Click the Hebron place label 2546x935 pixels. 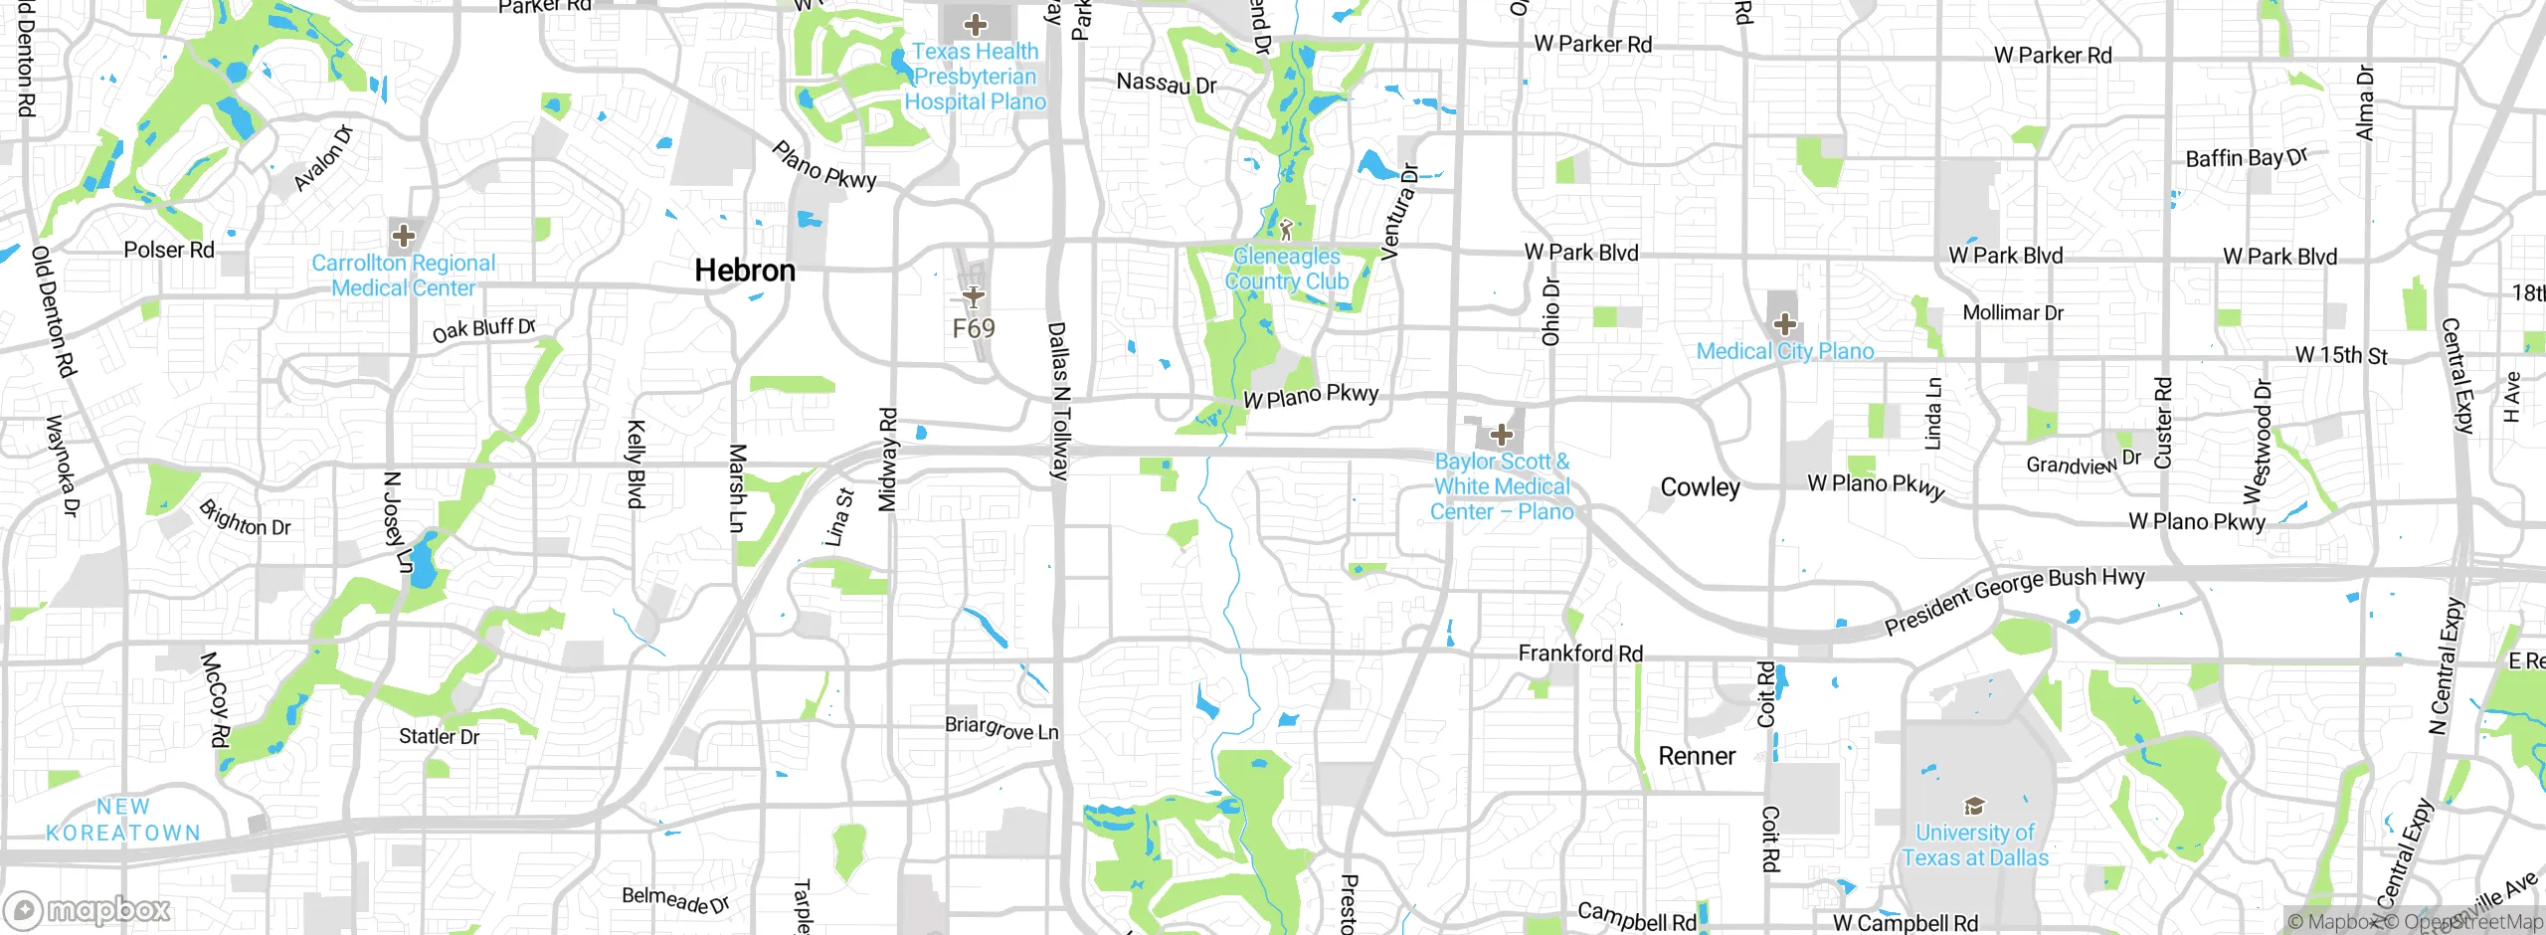coord(744,271)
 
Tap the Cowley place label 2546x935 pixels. coord(1700,487)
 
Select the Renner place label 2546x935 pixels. coord(1696,756)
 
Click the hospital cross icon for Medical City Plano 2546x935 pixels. coord(1784,324)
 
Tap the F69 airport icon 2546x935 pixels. coord(973,296)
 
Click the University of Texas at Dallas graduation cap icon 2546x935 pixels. coord(1973,806)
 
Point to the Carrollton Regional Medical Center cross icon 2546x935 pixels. coord(403,236)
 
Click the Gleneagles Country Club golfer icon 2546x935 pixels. coord(1286,230)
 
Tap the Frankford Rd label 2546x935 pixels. coord(1579,654)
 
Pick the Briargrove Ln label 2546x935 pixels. coord(1000,729)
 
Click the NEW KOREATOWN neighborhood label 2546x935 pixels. coord(123,821)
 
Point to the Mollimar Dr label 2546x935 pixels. coord(2012,313)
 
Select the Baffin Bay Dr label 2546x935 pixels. coord(2246,158)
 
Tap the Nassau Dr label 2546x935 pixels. coord(1166,84)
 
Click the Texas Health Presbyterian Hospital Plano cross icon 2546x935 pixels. coord(975,25)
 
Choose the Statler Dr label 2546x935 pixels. coord(439,737)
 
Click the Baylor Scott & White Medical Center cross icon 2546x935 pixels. coord(1501,435)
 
